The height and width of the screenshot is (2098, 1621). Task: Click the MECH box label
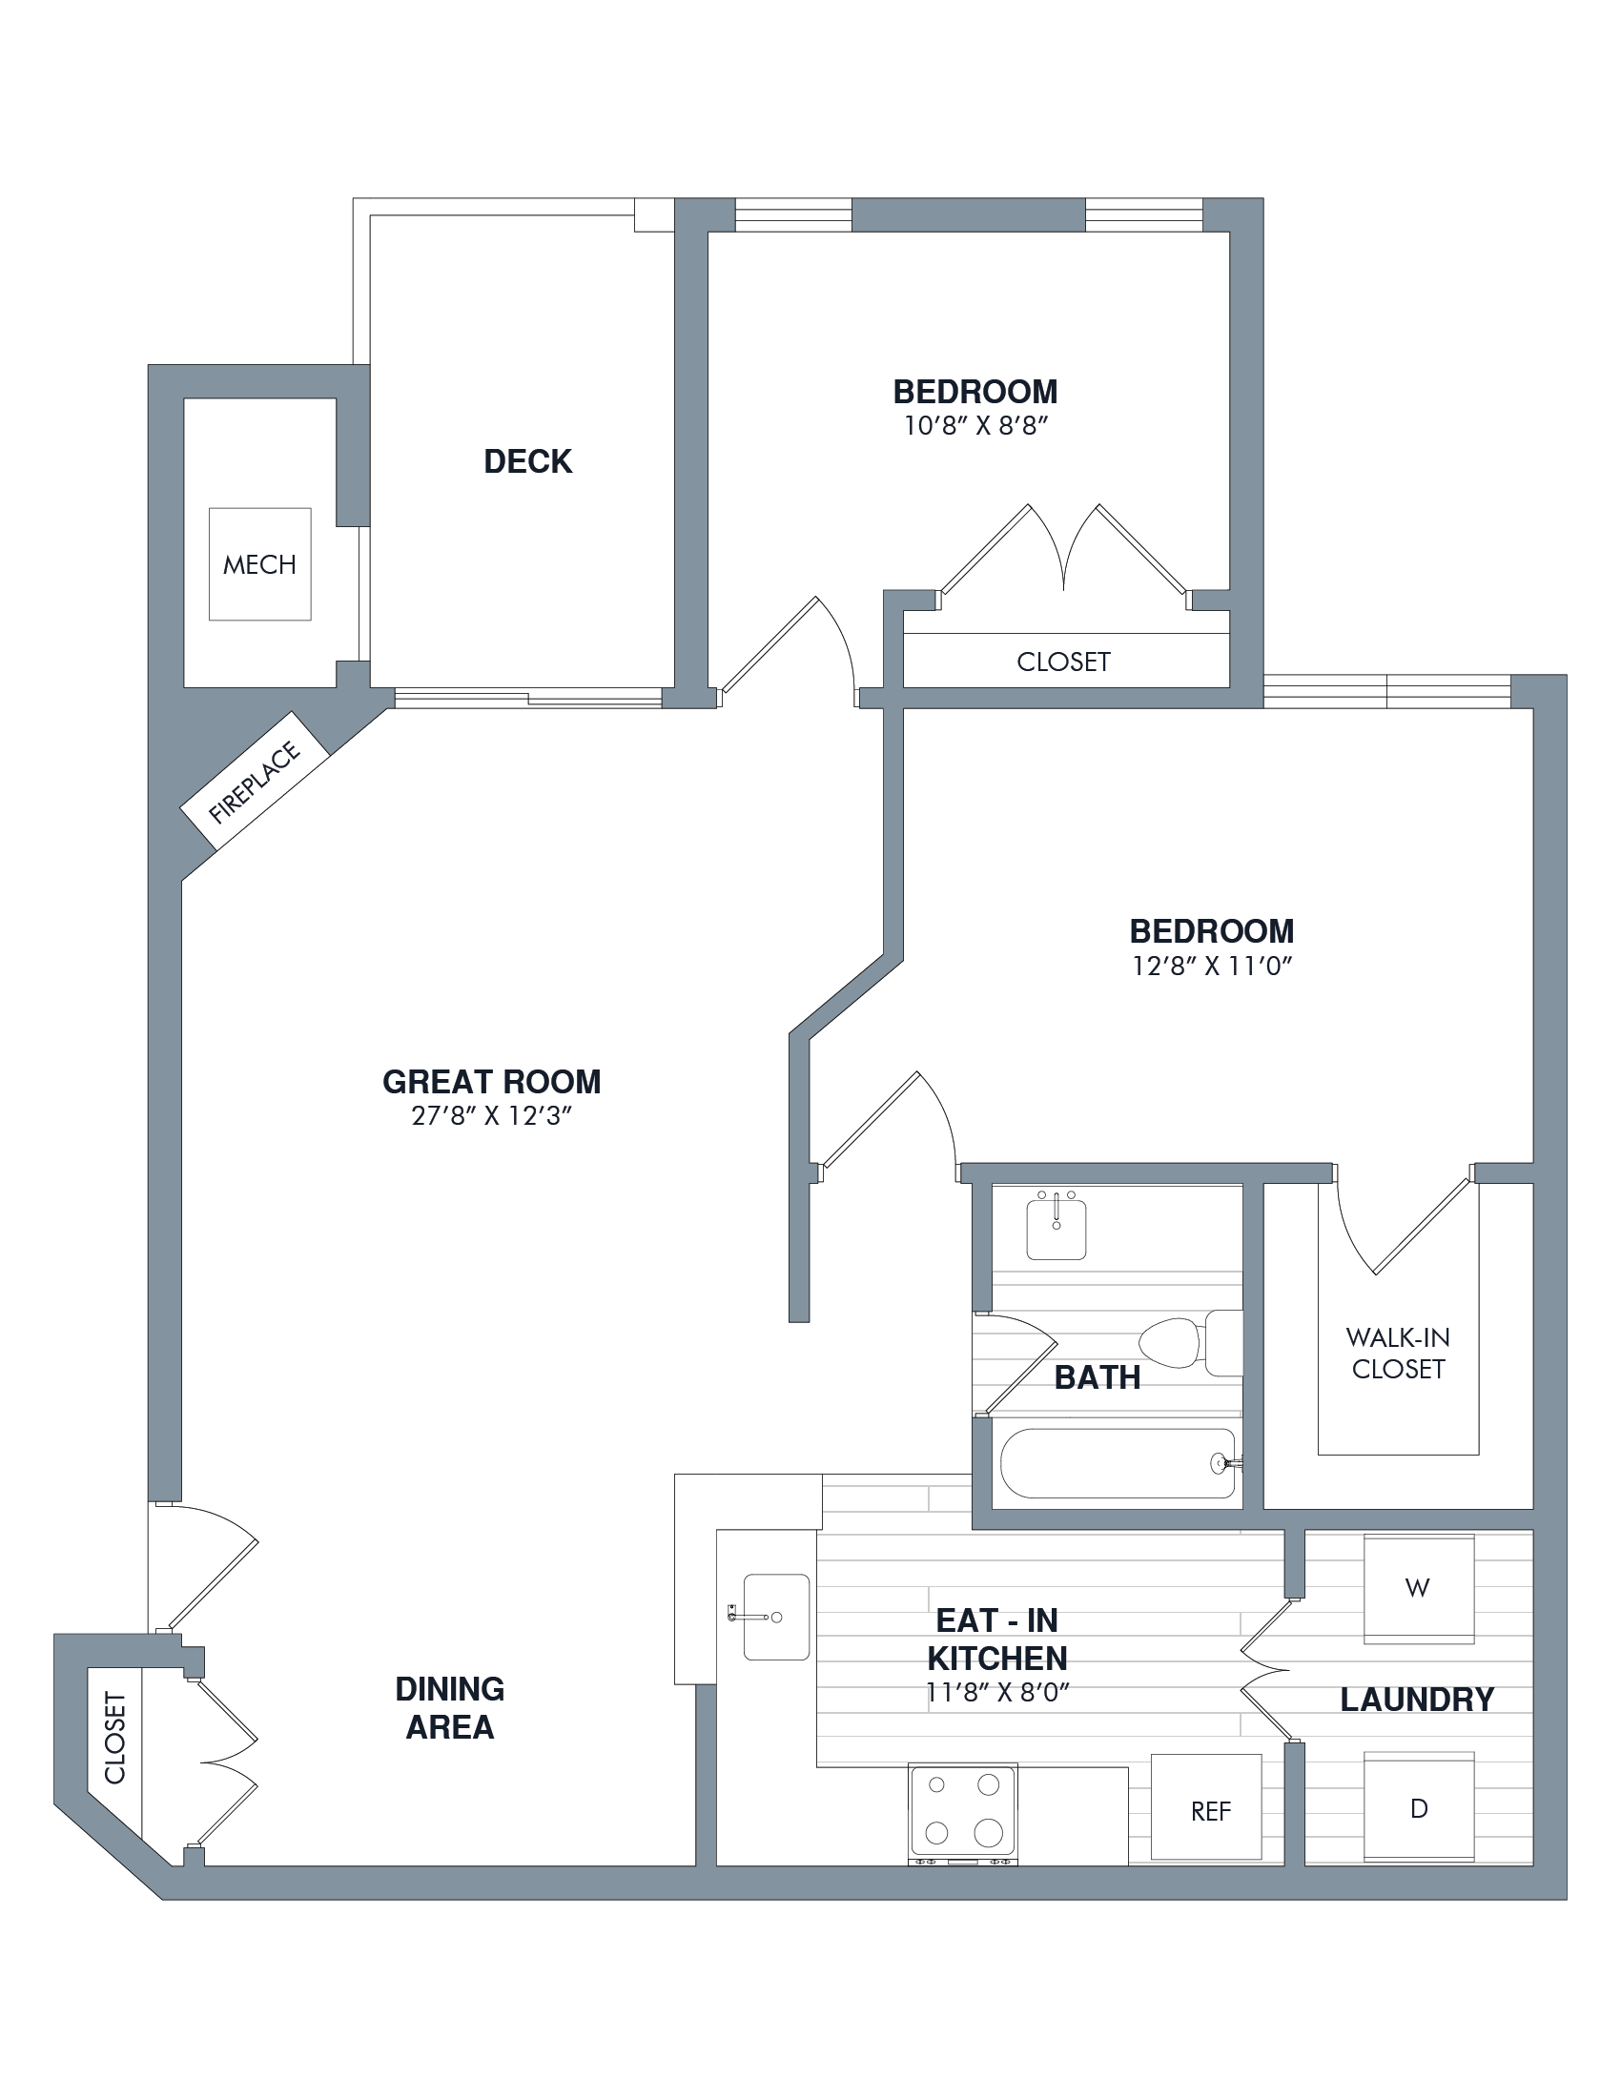259,564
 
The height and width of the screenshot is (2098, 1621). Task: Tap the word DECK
527,462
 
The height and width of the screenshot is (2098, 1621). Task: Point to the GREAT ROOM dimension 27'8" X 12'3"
492,1116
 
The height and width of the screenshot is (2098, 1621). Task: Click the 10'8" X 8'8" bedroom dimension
975,425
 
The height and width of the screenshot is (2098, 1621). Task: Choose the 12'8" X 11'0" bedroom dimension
1212,966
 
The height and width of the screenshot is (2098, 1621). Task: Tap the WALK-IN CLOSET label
1398,1353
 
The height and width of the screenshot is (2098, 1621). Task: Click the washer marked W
1419,1589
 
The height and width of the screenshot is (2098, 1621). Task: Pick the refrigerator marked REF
1207,1807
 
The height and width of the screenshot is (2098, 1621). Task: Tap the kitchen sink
775,1617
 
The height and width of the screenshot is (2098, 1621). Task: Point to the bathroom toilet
1191,1342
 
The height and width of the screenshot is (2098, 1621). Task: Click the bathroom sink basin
1056,1225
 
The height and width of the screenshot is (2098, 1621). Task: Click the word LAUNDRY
1417,1700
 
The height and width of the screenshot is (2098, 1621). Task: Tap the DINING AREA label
450,1708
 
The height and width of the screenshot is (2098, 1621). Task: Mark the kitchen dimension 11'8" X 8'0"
997,1693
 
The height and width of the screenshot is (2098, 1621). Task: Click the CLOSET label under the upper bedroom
1064,662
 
